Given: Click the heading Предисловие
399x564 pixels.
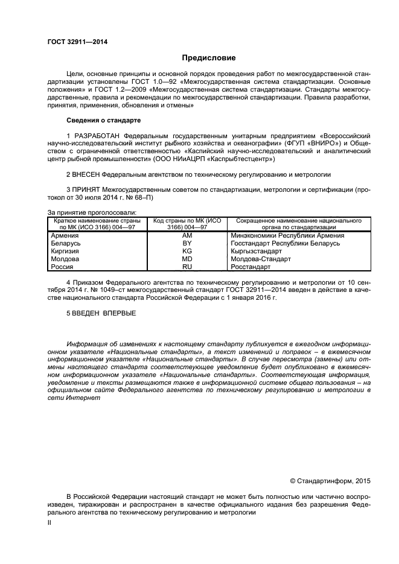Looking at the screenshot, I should [x=209, y=58].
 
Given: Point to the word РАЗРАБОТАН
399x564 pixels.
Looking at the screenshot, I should [x=97, y=136].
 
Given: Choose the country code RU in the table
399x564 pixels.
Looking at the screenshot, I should [x=187, y=266].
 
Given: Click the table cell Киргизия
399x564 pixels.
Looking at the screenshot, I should [x=66, y=251].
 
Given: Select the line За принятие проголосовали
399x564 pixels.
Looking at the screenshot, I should [x=91, y=212].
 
